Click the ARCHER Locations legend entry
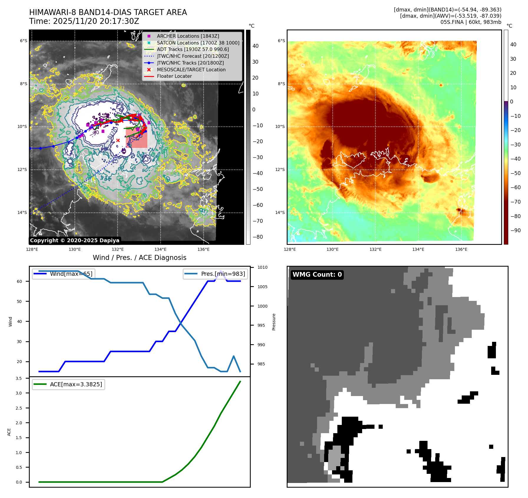click(x=188, y=36)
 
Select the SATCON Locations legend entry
click(x=198, y=43)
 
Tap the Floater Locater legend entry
click(x=174, y=76)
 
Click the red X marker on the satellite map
click(x=118, y=141)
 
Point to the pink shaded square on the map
click(x=136, y=138)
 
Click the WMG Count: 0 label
click(x=317, y=275)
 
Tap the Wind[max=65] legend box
click(x=64, y=274)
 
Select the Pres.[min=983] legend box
click(x=215, y=274)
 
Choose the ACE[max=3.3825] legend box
click(x=68, y=384)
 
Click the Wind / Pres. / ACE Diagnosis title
click(x=139, y=258)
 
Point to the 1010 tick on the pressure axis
click(x=262, y=268)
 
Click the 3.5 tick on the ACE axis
click(x=19, y=378)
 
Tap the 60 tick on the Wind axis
click(x=19, y=281)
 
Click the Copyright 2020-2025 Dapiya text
click(x=75, y=240)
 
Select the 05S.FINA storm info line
click(x=471, y=22)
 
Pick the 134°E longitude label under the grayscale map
click(x=161, y=249)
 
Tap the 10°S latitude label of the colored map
click(x=280, y=127)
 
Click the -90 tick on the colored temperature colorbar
click(x=515, y=230)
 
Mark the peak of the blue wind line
click(x=221, y=271)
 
